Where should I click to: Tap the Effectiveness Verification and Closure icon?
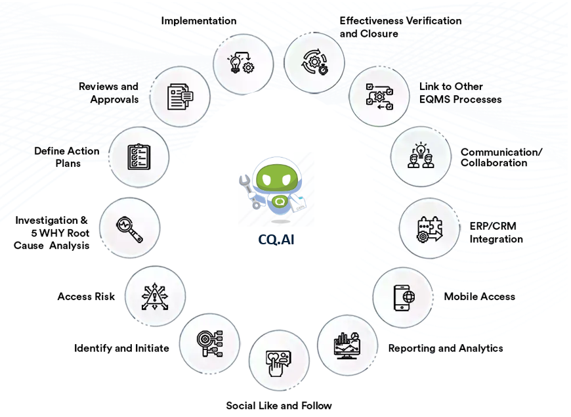(314, 63)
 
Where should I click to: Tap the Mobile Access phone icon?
(403, 297)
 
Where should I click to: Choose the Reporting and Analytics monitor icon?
(347, 346)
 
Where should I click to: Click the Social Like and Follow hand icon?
(278, 361)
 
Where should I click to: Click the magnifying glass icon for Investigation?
(129, 228)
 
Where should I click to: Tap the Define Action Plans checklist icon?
(138, 157)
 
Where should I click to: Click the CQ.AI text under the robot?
(276, 240)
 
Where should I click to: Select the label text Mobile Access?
(479, 297)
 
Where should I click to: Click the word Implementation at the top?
(199, 21)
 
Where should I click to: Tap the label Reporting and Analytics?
(445, 348)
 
